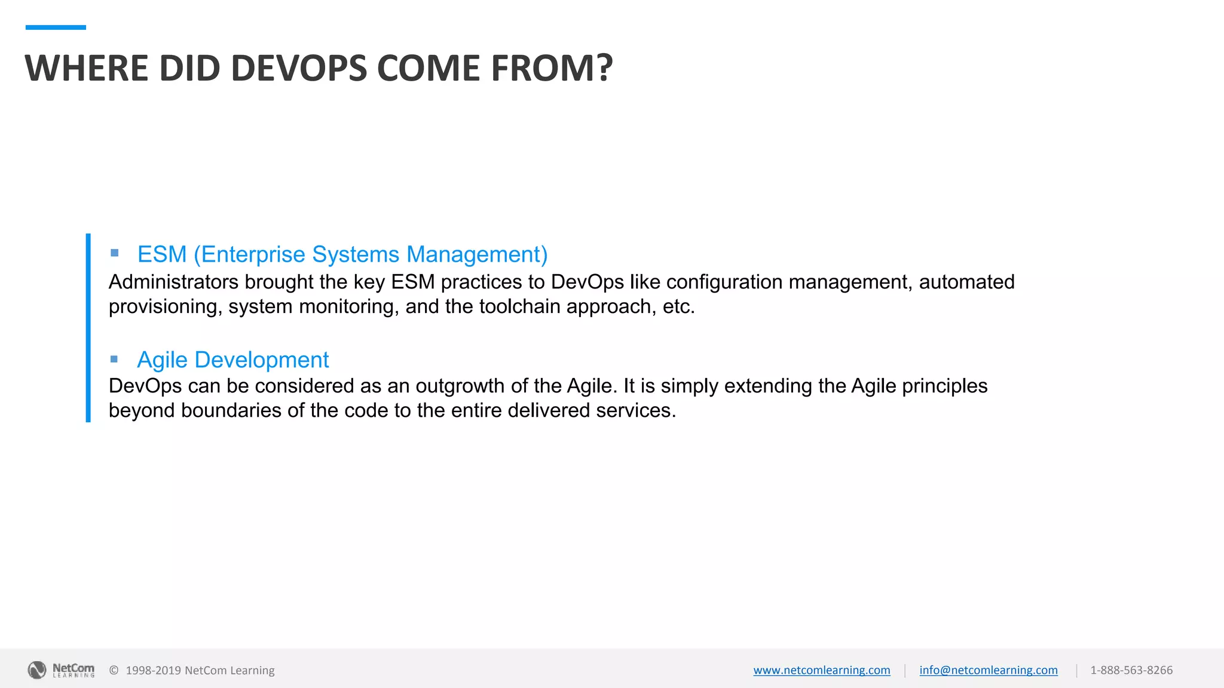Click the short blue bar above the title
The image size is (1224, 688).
coord(56,27)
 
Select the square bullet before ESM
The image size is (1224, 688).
coord(115,253)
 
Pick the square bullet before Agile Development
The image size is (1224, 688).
coord(115,359)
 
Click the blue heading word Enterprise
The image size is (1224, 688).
coord(253,254)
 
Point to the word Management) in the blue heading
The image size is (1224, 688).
coord(477,254)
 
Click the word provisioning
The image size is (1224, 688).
coord(163,307)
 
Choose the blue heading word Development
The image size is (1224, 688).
coord(262,360)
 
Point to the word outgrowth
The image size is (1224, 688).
coord(460,386)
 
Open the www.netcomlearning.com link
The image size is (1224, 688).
coord(822,670)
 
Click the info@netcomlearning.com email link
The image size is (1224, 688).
coord(989,670)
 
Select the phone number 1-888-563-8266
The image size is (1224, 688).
coord(1131,670)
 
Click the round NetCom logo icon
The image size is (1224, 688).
coord(37,670)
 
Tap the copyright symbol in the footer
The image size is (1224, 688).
coord(114,670)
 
